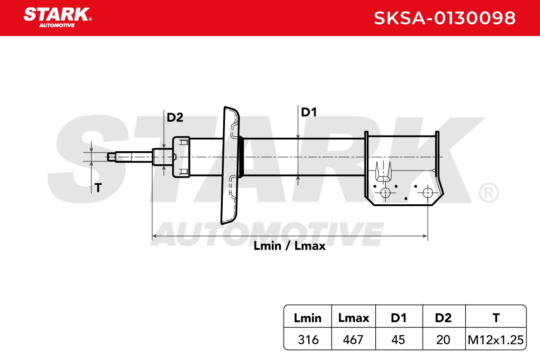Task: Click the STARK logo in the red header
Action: click(58, 18)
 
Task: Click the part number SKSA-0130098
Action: click(445, 18)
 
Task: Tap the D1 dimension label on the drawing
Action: click(309, 112)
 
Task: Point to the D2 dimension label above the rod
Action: click(175, 117)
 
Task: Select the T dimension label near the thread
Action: click(98, 188)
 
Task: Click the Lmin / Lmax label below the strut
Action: click(289, 246)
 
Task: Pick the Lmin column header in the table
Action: click(308, 318)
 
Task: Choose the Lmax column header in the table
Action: click(353, 318)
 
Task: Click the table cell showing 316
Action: click(308, 340)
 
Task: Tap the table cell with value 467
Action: click(353, 340)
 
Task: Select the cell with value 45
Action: click(398, 340)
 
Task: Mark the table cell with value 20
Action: click(443, 340)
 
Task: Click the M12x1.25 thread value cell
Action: click(495, 340)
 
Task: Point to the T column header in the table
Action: click(496, 318)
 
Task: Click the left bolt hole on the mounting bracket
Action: click(385, 193)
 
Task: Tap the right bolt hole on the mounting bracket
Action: click(427, 193)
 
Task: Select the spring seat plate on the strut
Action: click(230, 166)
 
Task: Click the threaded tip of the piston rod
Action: click(112, 157)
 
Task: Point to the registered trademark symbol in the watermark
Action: click(489, 193)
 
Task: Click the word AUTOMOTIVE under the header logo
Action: click(57, 25)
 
